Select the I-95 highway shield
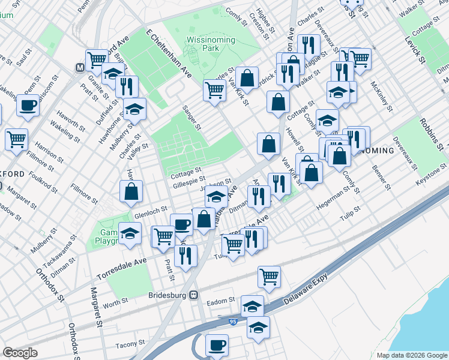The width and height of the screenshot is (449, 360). tap(233, 322)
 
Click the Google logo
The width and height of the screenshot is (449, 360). tap(20, 352)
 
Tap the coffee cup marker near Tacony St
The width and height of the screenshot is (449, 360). tap(217, 345)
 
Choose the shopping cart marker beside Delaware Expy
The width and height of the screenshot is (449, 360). tap(270, 276)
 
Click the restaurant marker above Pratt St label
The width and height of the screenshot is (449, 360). tap(185, 256)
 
